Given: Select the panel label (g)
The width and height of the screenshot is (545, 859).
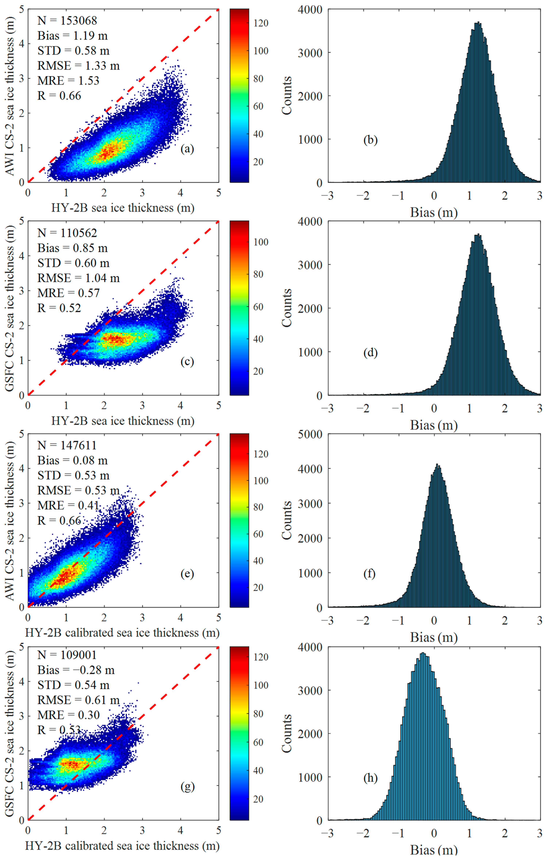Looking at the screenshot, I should [187, 786].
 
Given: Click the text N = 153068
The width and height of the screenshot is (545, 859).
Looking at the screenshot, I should [67, 21].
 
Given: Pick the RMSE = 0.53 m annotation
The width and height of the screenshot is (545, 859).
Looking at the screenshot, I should [78, 491].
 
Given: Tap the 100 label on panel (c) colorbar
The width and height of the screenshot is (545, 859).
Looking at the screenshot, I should [261, 242].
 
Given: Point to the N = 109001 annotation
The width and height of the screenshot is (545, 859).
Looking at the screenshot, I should [67, 655].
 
